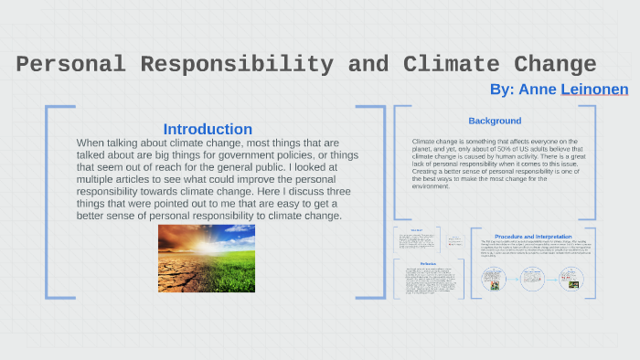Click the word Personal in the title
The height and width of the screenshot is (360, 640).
click(x=70, y=65)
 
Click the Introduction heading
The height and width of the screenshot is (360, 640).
click(x=208, y=129)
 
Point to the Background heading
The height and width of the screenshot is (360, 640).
click(x=495, y=121)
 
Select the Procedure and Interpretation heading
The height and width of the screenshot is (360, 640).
click(x=533, y=236)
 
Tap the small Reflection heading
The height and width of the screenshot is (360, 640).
click(x=416, y=263)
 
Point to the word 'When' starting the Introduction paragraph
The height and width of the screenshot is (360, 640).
click(x=91, y=143)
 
